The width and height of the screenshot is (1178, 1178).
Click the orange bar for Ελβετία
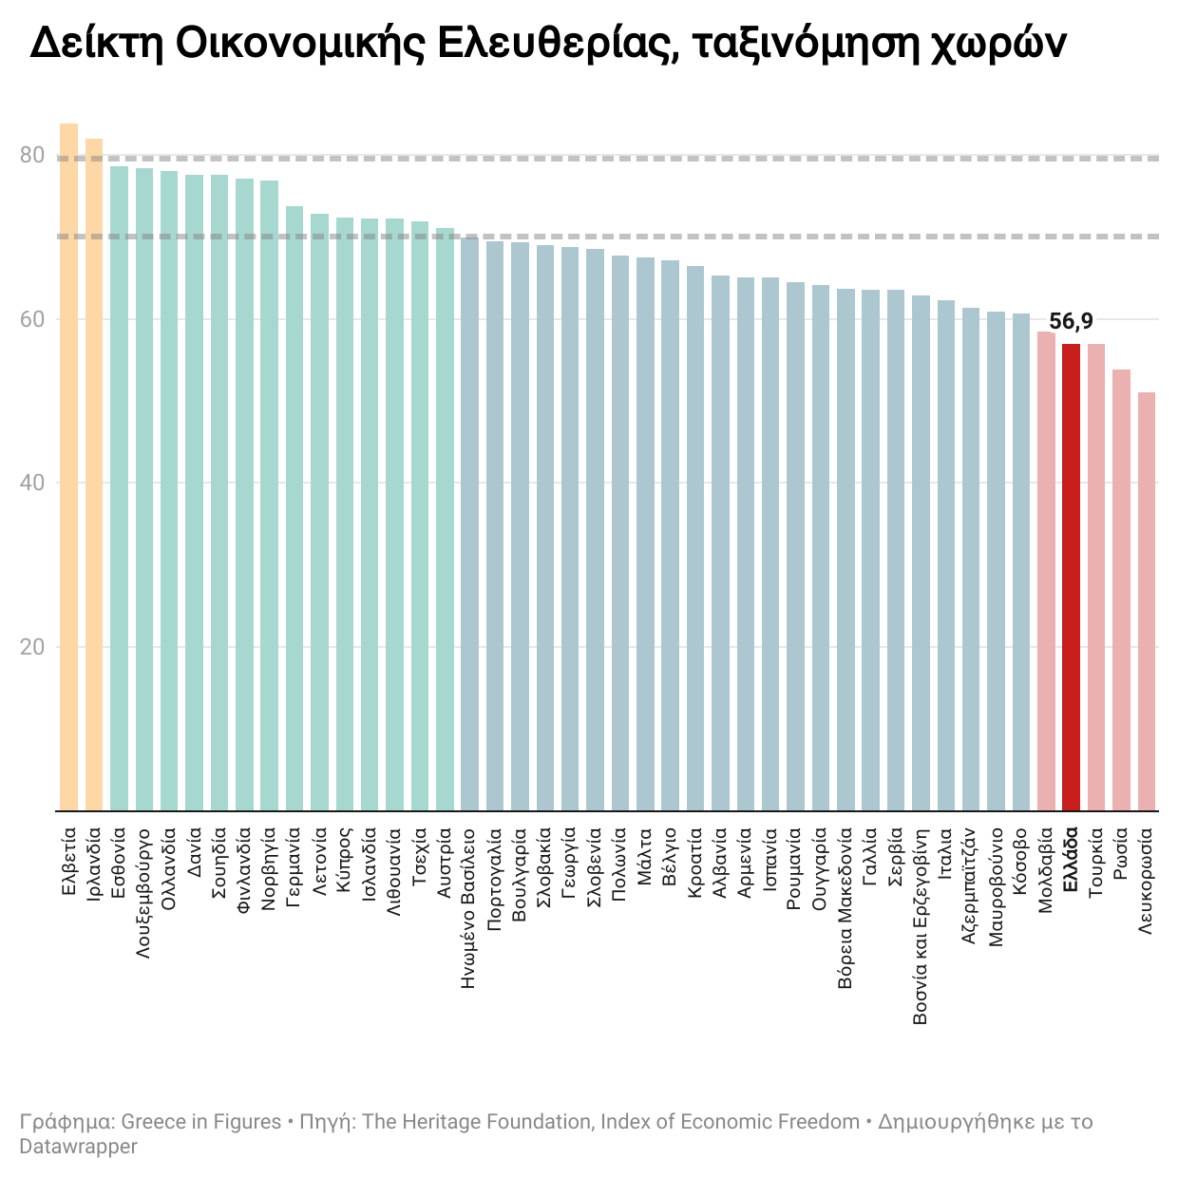68,465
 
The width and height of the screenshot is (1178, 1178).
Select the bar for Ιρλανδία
94,475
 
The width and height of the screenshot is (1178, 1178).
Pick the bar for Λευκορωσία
1147,600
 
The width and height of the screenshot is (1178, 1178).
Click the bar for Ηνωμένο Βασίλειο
469,523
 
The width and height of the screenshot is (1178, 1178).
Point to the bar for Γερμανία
294,508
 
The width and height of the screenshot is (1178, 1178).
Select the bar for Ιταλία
946,555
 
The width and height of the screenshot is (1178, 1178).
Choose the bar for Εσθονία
119,488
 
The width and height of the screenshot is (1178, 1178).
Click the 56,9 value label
1071,321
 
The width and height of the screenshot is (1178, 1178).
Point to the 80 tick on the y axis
32,156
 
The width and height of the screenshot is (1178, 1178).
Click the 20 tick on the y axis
32,647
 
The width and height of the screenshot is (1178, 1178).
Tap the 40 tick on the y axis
32,483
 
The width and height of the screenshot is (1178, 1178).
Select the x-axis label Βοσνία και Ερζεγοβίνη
921,926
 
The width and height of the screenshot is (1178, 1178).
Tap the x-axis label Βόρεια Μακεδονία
845,909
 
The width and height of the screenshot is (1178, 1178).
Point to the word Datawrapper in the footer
79,1147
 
